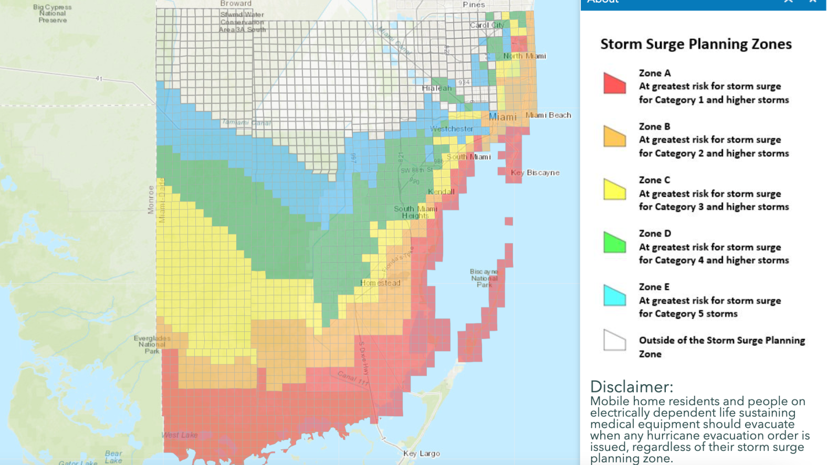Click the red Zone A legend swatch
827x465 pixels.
tap(614, 84)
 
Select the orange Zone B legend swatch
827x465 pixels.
tap(614, 137)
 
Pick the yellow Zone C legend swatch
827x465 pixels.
tap(614, 190)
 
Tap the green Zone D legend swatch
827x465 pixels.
tap(614, 244)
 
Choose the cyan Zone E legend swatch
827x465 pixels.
tap(614, 297)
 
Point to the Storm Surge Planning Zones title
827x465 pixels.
tap(696, 44)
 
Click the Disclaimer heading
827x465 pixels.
tap(631, 387)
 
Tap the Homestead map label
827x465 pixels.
tap(380, 283)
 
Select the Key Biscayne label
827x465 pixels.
tap(535, 173)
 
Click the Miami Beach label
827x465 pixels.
tap(548, 115)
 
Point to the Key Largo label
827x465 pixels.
tap(422, 453)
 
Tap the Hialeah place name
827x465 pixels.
tap(437, 88)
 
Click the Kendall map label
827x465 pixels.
tap(441, 192)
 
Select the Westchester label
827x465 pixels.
tap(452, 129)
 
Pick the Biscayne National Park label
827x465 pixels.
tap(484, 278)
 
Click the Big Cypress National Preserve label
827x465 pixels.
tap(53, 14)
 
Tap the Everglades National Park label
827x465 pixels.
tap(152, 344)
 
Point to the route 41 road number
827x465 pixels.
tap(99, 79)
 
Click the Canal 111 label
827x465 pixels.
tap(353, 379)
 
